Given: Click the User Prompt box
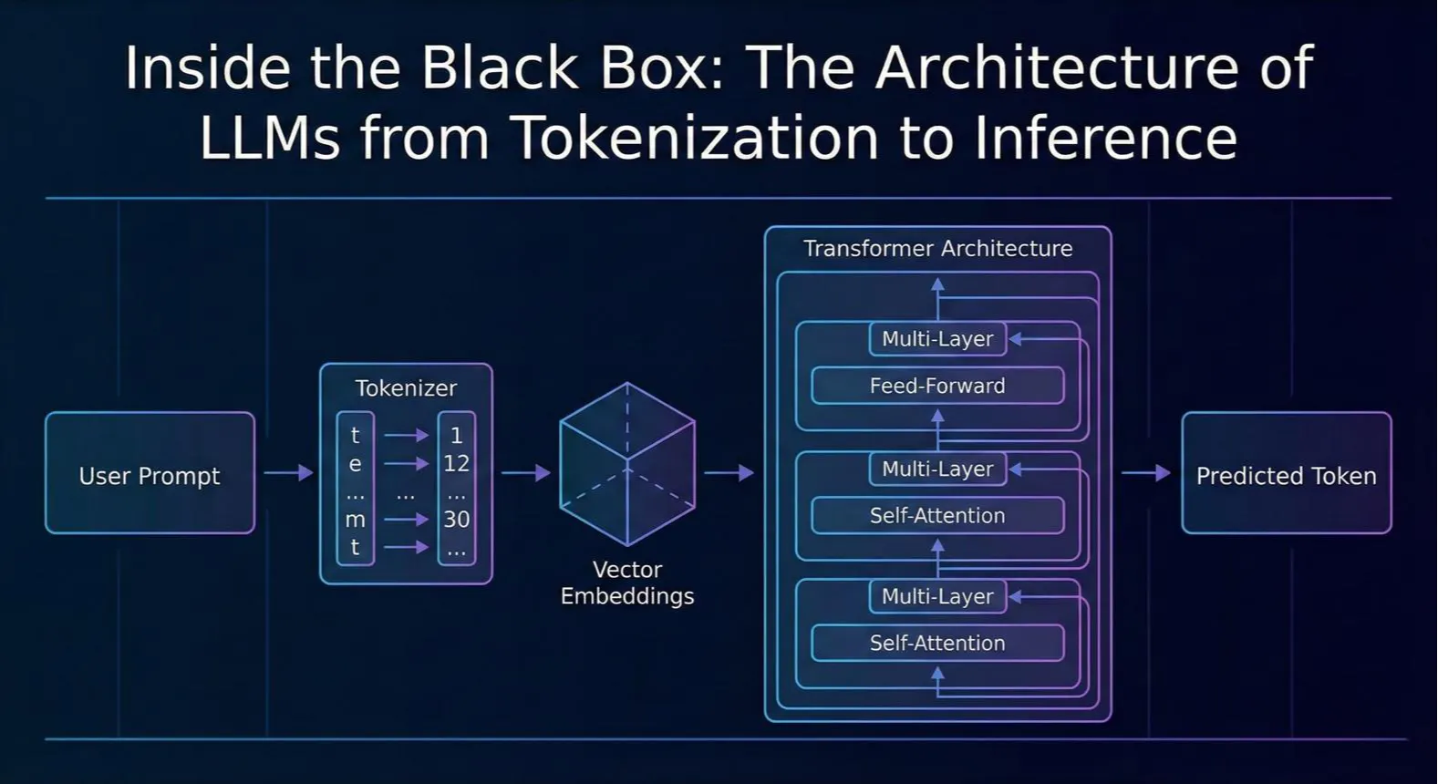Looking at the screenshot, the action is (150, 473).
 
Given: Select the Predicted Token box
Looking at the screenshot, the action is (1287, 473).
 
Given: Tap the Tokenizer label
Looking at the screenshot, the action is (406, 388).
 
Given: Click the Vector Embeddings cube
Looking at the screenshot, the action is (627, 465).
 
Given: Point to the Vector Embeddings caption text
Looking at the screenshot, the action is (627, 583).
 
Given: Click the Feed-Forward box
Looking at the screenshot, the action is (937, 386).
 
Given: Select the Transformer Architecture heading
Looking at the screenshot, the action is (938, 248).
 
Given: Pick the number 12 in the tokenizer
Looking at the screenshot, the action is (457, 463).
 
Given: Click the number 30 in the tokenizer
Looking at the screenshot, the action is (457, 519).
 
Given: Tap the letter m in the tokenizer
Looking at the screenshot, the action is (355, 520).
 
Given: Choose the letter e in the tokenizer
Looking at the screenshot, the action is (355, 464).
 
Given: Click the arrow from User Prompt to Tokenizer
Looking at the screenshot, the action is (288, 473).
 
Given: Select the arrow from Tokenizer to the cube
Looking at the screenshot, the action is (526, 473).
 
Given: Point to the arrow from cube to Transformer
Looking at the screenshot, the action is (729, 473).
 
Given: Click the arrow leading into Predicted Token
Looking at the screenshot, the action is (1146, 473).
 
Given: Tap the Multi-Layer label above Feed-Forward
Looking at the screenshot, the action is (937, 339).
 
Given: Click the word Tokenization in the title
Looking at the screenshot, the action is (696, 138).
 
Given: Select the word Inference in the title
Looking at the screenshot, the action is (1105, 138).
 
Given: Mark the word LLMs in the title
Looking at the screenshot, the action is (270, 138).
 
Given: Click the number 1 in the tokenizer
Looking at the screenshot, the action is (457, 436).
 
